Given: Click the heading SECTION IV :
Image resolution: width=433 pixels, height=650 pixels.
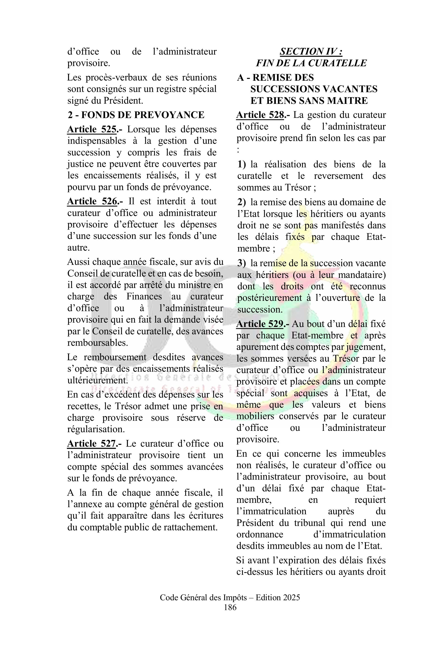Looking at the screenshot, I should pyautogui.click(x=311, y=51).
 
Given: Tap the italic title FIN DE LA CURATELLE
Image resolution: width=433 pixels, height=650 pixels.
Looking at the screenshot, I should pyautogui.click(x=311, y=63).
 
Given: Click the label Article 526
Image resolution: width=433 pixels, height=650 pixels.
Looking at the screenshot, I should pyautogui.click(x=92, y=201).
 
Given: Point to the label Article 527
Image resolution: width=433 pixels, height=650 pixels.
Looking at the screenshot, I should pyautogui.click(x=91, y=444).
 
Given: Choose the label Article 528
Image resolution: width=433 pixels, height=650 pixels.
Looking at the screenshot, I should pyautogui.click(x=260, y=115).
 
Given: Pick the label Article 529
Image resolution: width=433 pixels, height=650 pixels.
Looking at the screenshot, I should pyautogui.click(x=260, y=324).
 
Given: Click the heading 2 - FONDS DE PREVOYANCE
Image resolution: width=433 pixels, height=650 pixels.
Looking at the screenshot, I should pyautogui.click(x=136, y=115).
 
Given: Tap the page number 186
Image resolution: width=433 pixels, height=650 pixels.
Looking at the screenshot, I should pyautogui.click(x=230, y=607).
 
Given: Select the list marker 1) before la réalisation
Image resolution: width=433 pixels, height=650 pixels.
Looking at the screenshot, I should pyautogui.click(x=242, y=164).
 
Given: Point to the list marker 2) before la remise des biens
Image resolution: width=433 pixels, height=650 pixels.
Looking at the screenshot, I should pyautogui.click(x=242, y=202).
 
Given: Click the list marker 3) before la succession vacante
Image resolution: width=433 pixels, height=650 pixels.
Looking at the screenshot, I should pyautogui.click(x=242, y=263).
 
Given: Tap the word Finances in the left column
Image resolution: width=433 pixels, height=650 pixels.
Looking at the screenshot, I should pyautogui.click(x=144, y=296).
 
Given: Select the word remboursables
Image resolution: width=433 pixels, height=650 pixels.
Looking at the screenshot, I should pyautogui.click(x=97, y=343).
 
